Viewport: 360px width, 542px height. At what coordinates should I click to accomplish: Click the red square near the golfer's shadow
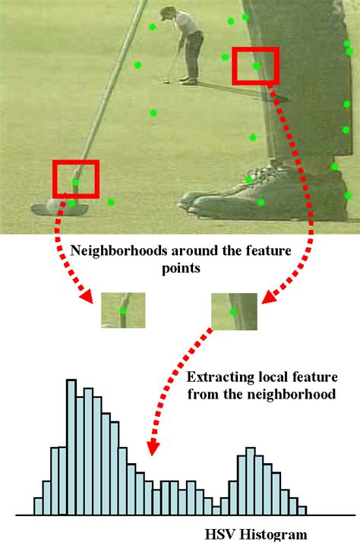pyautogui.click(x=255, y=66)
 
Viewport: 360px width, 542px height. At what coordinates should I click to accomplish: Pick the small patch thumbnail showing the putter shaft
pyautogui.click(x=122, y=310)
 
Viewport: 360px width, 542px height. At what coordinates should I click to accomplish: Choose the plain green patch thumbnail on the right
pyautogui.click(x=235, y=311)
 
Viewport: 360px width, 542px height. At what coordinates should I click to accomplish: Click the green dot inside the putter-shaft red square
pyautogui.click(x=74, y=183)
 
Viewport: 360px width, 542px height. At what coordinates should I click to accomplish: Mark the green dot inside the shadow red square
pyautogui.click(x=257, y=66)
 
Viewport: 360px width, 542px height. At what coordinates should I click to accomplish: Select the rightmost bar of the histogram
pyautogui.click(x=302, y=510)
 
